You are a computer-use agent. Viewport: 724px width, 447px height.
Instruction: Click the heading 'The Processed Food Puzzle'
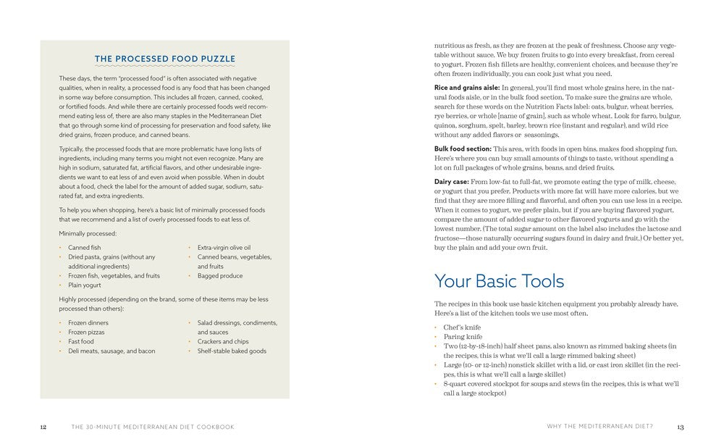pyautogui.click(x=164, y=59)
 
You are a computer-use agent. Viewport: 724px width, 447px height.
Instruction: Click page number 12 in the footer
pyautogui.click(x=43, y=427)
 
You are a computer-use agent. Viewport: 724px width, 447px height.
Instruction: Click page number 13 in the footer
pyautogui.click(x=680, y=427)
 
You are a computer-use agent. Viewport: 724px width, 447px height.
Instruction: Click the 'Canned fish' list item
pyautogui.click(x=85, y=248)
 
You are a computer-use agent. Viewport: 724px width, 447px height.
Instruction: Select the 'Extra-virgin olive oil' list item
pyautogui.click(x=224, y=248)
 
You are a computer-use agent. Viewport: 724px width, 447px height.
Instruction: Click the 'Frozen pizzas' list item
pyautogui.click(x=86, y=333)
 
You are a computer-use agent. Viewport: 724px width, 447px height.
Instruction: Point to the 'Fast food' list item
pyautogui.click(x=81, y=342)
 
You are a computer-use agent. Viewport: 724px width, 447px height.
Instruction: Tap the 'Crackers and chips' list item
pyautogui.click(x=223, y=342)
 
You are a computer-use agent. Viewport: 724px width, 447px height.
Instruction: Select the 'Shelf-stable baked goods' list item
pyautogui.click(x=232, y=351)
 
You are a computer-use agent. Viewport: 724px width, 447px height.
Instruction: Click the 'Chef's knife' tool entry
pyautogui.click(x=462, y=327)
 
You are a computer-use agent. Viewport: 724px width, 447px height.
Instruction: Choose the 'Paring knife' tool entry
pyautogui.click(x=463, y=337)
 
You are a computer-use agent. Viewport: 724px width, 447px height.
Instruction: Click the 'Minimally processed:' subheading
pyautogui.click(x=88, y=233)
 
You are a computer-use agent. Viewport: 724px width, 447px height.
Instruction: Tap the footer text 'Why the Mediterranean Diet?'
pyautogui.click(x=600, y=427)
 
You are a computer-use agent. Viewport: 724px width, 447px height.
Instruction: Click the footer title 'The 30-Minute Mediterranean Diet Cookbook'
pyautogui.click(x=153, y=427)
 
